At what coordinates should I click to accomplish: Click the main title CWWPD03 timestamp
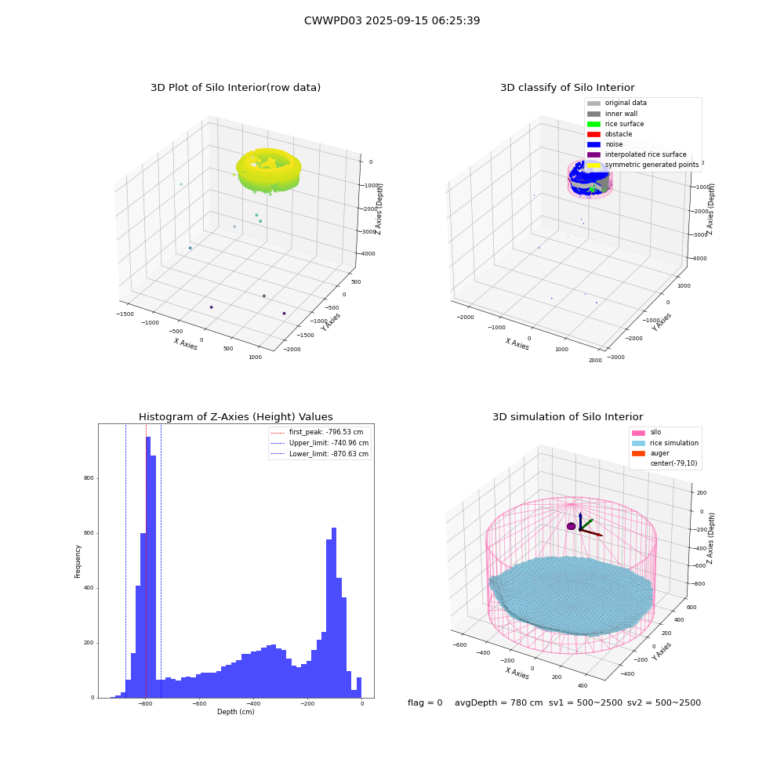[x=392, y=20]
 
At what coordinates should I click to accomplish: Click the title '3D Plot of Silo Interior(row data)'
[x=235, y=88]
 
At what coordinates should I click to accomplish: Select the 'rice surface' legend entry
[x=615, y=124]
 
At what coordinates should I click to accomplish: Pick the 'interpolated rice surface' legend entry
[x=637, y=154]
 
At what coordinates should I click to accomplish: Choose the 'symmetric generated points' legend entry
[x=643, y=165]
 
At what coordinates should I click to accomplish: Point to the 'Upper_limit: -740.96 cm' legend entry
[x=320, y=443]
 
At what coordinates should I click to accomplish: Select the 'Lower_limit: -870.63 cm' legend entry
[x=320, y=454]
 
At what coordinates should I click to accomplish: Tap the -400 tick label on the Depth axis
[x=253, y=703]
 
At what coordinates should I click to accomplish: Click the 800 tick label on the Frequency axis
[x=89, y=478]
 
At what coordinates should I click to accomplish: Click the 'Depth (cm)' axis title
[x=236, y=712]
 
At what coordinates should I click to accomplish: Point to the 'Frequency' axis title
[x=78, y=561]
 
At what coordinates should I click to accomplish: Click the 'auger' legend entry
[x=651, y=453]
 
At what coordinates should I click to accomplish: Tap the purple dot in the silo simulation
[x=571, y=526]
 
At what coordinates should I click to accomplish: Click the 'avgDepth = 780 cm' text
[x=499, y=702]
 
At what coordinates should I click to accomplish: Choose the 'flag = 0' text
[x=425, y=702]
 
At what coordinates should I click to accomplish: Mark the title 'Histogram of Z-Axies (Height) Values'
[x=235, y=417]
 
